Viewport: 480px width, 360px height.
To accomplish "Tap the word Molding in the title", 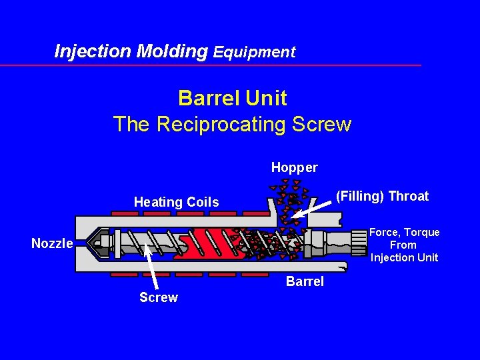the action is [x=172, y=51].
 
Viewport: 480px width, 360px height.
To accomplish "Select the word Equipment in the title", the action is [x=254, y=52].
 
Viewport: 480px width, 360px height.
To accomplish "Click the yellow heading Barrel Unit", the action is [x=232, y=98].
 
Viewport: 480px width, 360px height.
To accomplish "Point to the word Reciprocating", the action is [x=223, y=124].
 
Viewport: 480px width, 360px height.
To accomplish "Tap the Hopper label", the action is [x=294, y=167].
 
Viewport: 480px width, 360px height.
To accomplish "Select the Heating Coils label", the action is [x=176, y=202].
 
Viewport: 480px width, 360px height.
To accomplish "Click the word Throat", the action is [x=408, y=196].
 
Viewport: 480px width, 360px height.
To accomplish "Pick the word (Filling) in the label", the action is [x=360, y=196].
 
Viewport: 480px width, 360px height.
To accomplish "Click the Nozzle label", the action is [x=52, y=244].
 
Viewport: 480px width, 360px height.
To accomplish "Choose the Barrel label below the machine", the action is [x=305, y=281].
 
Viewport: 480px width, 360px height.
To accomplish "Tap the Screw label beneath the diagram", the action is [x=159, y=297].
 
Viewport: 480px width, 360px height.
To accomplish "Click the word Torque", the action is [x=422, y=232].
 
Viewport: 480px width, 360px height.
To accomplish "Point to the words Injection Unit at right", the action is [x=404, y=257].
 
